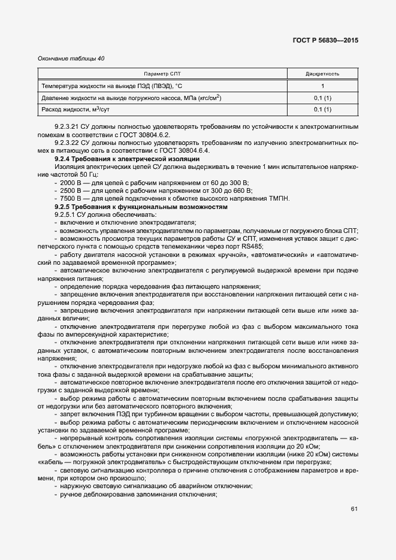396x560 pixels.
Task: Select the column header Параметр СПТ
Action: tap(162, 74)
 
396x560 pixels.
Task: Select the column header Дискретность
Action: tap(322, 74)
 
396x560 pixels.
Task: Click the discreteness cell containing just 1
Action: tap(322, 86)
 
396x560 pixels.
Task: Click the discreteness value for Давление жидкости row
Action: tap(322, 98)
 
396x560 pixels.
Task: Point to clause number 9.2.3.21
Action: tap(68, 128)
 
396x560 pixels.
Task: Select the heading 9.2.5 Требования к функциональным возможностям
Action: tap(141, 207)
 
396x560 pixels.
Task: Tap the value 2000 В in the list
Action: tap(71, 183)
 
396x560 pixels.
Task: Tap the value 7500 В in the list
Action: tap(71, 199)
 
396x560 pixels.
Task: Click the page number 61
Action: tap(354, 509)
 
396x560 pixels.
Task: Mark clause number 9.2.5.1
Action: tap(66, 214)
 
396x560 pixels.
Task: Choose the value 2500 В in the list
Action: tap(71, 190)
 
